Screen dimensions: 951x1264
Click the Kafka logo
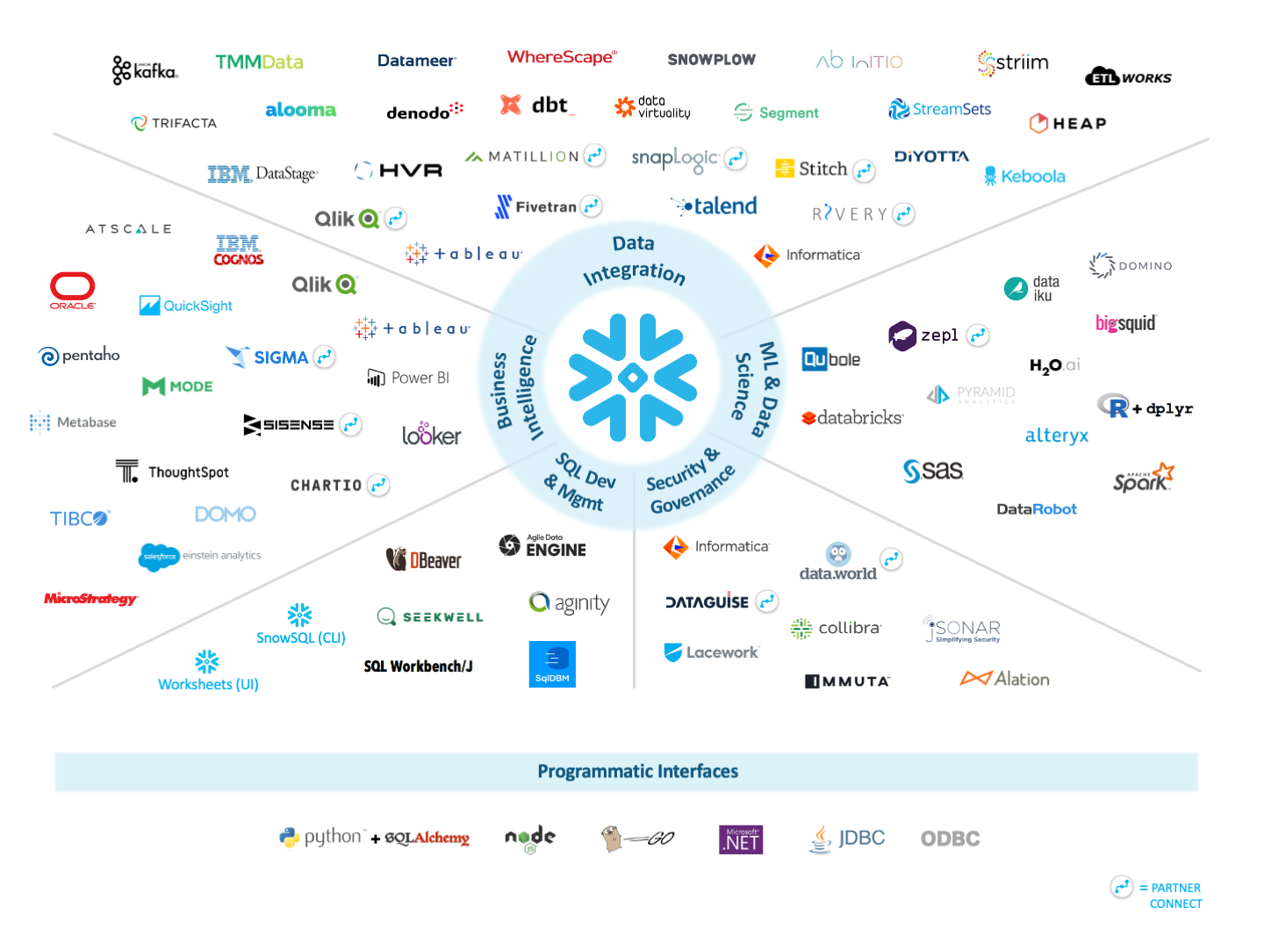(145, 69)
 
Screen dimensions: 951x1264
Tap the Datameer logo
(416, 61)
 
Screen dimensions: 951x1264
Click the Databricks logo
(852, 418)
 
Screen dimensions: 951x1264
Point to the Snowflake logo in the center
(633, 378)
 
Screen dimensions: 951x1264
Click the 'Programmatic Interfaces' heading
(637, 771)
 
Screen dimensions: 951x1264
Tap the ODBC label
(950, 839)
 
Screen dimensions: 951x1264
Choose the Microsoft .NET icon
(741, 839)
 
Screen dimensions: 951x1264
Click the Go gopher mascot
(612, 839)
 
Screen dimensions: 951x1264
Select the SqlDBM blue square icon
(552, 664)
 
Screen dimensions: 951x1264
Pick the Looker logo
(431, 434)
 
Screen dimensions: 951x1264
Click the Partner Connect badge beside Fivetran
(592, 206)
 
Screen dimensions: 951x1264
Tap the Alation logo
(1005, 679)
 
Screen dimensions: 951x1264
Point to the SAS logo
(933, 471)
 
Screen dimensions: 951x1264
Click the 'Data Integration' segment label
(634, 259)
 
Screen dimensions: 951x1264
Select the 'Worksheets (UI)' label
(208, 684)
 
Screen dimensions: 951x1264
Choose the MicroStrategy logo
(91, 599)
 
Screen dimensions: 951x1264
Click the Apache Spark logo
(1143, 478)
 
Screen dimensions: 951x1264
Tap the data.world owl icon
(838, 554)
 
